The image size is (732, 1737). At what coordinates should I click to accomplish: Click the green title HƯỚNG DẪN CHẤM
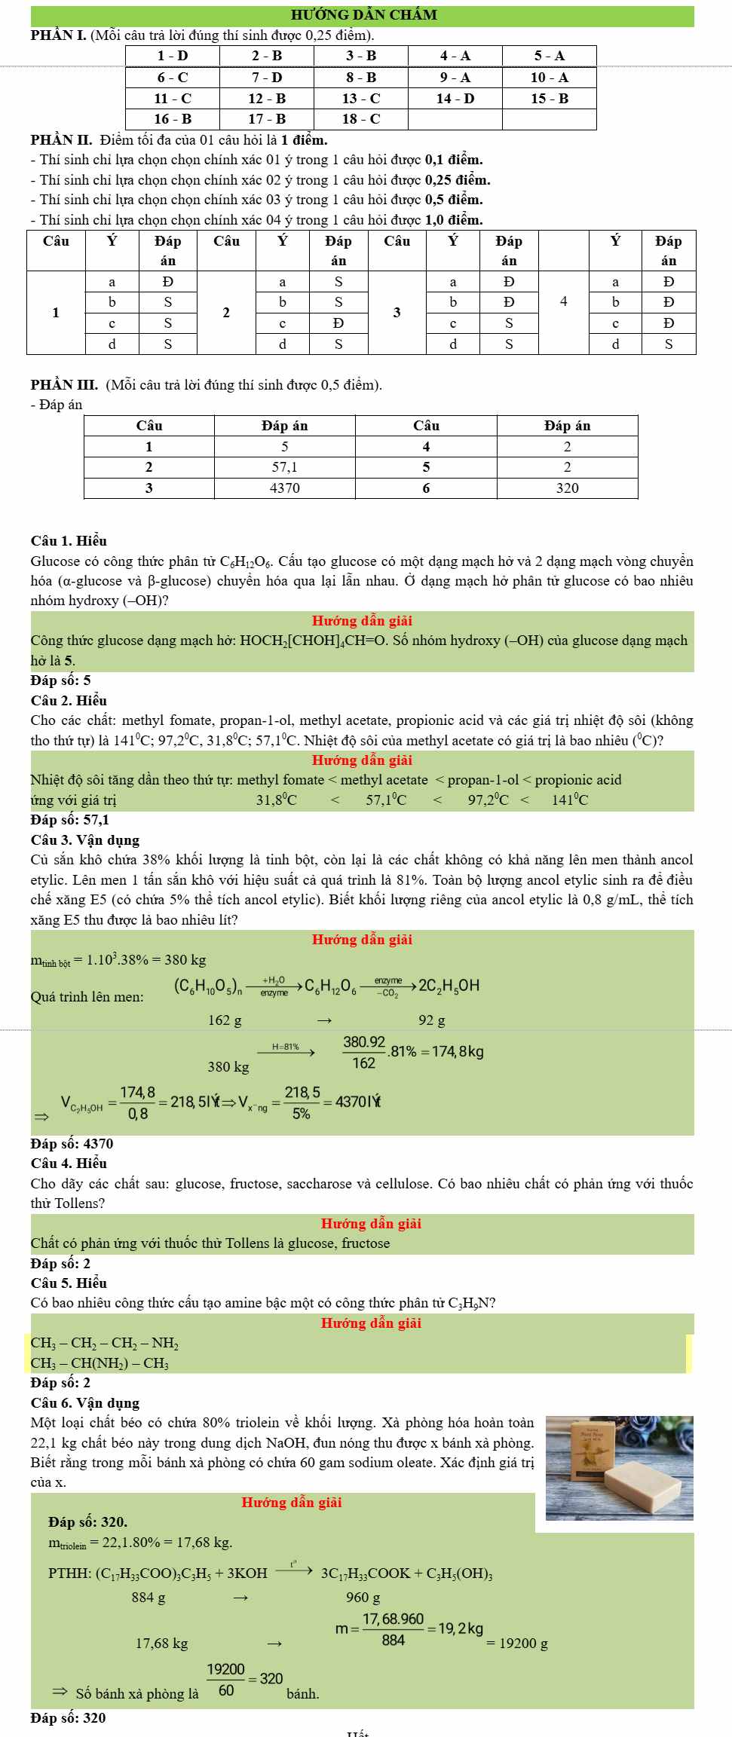[363, 15]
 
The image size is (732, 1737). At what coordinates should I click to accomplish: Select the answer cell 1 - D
[173, 56]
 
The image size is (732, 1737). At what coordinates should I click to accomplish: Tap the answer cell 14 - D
[455, 98]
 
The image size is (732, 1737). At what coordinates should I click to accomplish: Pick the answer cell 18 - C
[361, 119]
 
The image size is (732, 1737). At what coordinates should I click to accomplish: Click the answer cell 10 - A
[549, 77]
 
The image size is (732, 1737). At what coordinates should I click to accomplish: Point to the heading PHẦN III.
[64, 385]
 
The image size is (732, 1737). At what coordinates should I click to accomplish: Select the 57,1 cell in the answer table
[284, 467]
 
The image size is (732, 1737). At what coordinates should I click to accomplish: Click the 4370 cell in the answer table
[284, 488]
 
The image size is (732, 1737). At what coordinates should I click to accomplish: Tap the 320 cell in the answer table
[567, 488]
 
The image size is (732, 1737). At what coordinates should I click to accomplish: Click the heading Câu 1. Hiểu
[69, 541]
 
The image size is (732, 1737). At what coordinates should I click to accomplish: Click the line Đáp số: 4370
[72, 1144]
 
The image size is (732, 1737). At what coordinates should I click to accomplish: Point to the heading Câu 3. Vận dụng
[85, 840]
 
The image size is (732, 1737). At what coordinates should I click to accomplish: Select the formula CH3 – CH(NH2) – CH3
[100, 1363]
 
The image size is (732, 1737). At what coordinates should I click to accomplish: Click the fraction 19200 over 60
[226, 1680]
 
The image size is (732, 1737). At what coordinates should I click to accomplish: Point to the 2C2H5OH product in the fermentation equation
[449, 986]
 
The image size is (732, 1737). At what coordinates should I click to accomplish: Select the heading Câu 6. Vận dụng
[85, 1403]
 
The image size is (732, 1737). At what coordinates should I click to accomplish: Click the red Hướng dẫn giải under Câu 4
[371, 1224]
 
